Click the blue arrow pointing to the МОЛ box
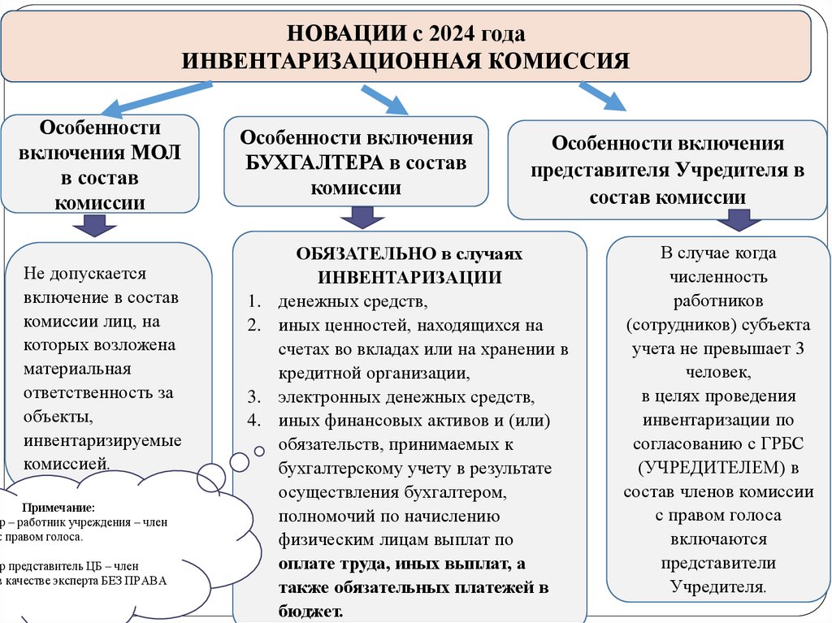[x=150, y=96]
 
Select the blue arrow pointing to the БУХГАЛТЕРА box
[x=384, y=100]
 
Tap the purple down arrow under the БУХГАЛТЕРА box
[x=362, y=217]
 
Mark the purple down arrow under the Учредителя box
[x=739, y=220]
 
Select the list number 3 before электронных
[x=253, y=398]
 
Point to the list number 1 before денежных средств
[x=253, y=302]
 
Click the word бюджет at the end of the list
[x=308, y=611]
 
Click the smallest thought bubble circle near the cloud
[x=259, y=450]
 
